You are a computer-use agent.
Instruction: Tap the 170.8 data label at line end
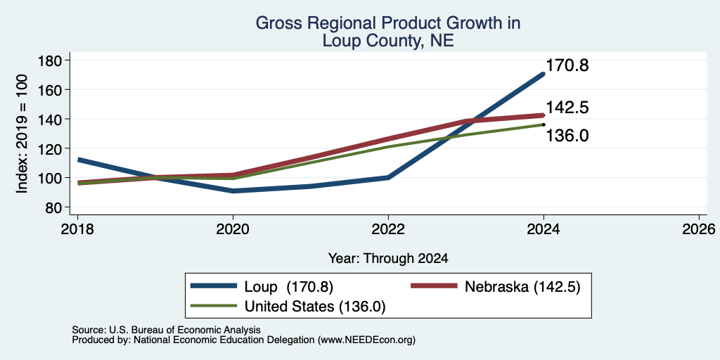(x=567, y=65)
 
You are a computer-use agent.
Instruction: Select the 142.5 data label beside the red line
(x=567, y=108)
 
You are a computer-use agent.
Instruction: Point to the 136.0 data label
(x=567, y=136)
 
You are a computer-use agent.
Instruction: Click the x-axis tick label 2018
(x=77, y=229)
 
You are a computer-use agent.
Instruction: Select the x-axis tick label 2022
(x=388, y=229)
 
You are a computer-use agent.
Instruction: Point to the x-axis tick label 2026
(x=699, y=229)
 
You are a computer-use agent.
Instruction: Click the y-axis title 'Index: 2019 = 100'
(x=22, y=134)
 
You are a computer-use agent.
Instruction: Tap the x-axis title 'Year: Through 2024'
(x=388, y=259)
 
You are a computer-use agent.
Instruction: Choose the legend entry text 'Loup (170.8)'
(x=289, y=287)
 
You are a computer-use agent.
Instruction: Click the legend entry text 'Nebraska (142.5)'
(x=522, y=287)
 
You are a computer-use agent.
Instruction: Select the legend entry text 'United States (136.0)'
(x=315, y=307)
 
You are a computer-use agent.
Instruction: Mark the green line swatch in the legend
(x=214, y=307)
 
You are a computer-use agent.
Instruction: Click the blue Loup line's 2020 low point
(x=233, y=191)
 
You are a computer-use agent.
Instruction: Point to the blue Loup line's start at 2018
(x=79, y=160)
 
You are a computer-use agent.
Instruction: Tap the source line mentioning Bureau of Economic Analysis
(x=166, y=330)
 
